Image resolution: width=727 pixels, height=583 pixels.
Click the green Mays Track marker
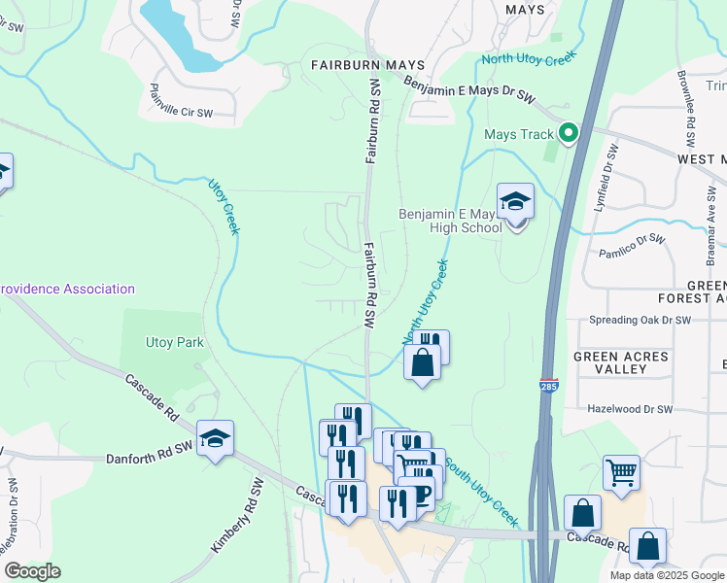pyautogui.click(x=569, y=134)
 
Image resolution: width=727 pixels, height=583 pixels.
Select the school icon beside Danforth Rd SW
pyautogui.click(x=215, y=438)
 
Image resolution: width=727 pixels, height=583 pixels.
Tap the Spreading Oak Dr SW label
pyautogui.click(x=640, y=320)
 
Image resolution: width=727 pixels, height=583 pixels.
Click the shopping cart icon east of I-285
pyautogui.click(x=621, y=473)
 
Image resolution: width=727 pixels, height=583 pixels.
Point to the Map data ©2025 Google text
pyautogui.click(x=667, y=575)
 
